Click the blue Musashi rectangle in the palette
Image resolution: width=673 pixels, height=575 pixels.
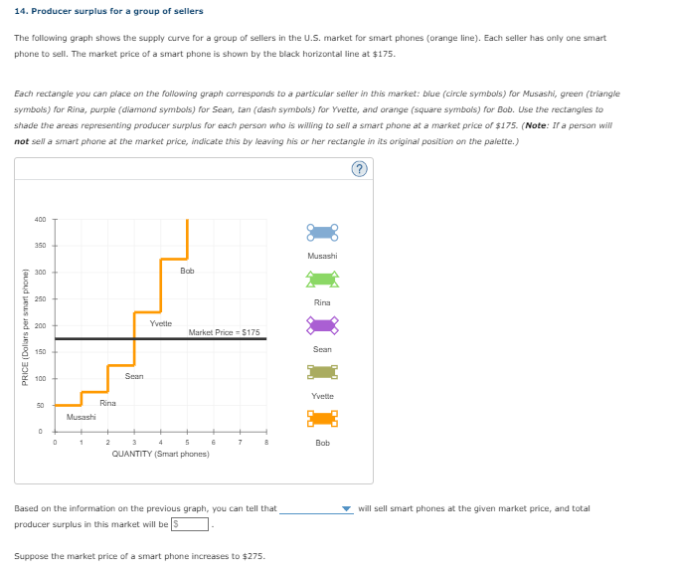[322, 233]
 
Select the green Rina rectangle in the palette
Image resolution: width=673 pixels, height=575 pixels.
[322, 280]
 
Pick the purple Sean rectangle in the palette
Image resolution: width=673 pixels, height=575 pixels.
[322, 325]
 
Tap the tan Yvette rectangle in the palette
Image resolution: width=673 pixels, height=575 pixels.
[322, 372]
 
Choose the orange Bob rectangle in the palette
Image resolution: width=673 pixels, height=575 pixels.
[322, 419]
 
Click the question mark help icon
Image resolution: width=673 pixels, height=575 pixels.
[360, 169]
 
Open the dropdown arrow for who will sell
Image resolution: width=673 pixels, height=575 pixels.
[346, 509]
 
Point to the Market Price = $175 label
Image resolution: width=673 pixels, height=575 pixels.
[224, 332]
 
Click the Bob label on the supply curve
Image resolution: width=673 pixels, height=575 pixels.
[187, 271]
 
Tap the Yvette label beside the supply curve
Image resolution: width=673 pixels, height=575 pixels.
[160, 323]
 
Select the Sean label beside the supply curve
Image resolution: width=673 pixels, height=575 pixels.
[134, 376]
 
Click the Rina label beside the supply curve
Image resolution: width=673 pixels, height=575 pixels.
[107, 403]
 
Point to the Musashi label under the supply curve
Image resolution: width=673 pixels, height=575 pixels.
[81, 418]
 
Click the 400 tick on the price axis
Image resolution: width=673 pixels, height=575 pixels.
[40, 219]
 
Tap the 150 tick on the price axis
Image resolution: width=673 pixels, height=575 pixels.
[40, 351]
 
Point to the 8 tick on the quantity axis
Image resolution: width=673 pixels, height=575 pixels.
[266, 443]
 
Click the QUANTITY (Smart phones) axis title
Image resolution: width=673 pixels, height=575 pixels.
[160, 454]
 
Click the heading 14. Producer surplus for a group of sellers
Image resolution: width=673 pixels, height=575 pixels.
[108, 11]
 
